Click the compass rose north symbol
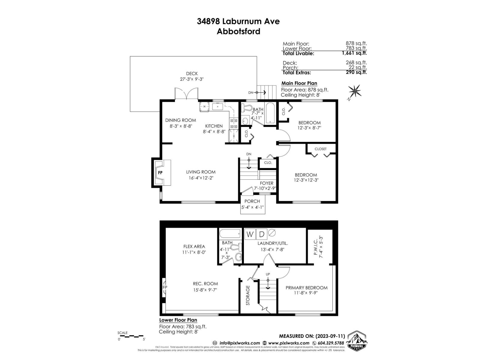click(x=355, y=91)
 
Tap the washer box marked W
click(x=250, y=234)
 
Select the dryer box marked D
click(x=262, y=234)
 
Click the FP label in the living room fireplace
click(x=160, y=173)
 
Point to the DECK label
click(x=192, y=73)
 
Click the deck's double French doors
click(x=186, y=94)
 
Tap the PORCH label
click(x=252, y=201)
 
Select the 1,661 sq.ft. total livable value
click(x=354, y=53)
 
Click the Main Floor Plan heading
click(x=299, y=83)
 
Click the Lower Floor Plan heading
click(x=178, y=320)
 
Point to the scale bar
click(x=131, y=337)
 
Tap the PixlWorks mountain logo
click(x=357, y=341)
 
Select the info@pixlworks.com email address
click(x=239, y=343)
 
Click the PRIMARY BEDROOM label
click(x=306, y=288)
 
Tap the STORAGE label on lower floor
click(x=248, y=295)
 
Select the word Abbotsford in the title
click(x=238, y=31)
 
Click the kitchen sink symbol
click(x=217, y=106)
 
